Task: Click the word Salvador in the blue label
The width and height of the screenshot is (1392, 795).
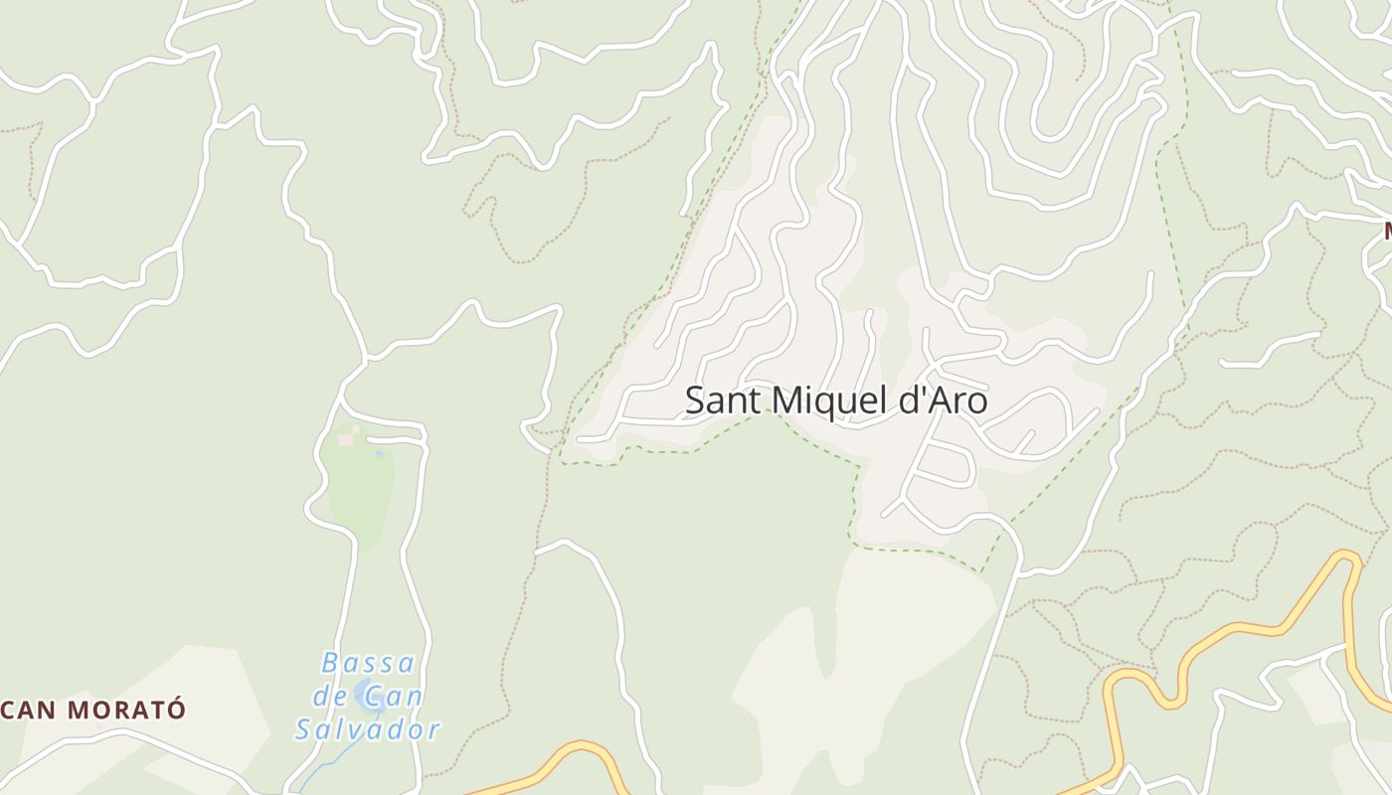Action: click(368, 730)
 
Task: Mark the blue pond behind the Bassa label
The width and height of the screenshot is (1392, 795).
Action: click(370, 697)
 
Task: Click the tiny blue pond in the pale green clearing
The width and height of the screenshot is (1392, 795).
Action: click(379, 455)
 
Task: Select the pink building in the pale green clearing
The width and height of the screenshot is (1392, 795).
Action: click(345, 439)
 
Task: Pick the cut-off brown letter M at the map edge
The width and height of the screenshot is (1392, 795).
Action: click(1387, 231)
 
